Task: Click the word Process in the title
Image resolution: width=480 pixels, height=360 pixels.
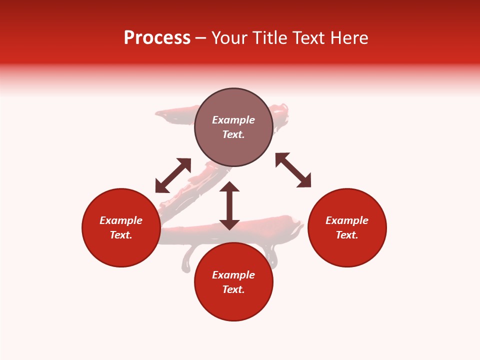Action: (x=157, y=38)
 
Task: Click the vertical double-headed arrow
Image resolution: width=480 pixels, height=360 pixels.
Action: (x=229, y=205)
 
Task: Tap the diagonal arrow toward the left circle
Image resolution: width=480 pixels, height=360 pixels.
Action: (x=173, y=175)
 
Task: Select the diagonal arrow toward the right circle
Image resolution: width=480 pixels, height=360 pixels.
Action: (x=293, y=170)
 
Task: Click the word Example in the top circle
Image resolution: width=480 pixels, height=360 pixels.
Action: (x=233, y=120)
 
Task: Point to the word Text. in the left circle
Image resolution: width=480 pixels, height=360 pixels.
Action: (x=121, y=235)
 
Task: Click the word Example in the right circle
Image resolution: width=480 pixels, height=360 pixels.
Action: (x=347, y=220)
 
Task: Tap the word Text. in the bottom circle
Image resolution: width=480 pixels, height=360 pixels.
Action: (x=233, y=289)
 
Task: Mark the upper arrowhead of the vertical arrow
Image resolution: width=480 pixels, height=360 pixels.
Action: (x=229, y=187)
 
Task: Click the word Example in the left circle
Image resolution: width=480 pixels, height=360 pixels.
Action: (x=121, y=220)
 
